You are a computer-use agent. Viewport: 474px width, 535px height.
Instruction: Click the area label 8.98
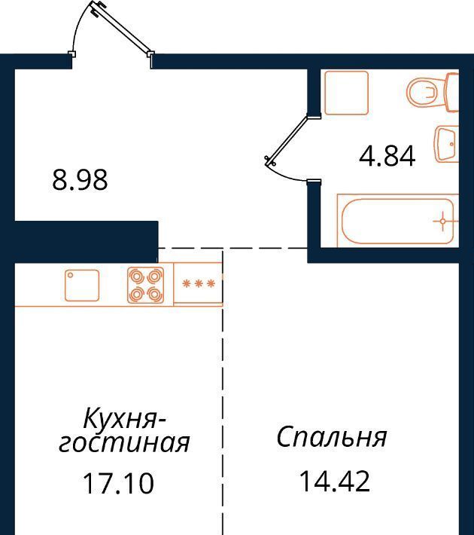pos(80,180)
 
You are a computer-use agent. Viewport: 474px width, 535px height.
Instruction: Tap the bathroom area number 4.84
pos(387,156)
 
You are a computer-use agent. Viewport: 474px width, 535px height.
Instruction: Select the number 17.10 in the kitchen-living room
pos(119,483)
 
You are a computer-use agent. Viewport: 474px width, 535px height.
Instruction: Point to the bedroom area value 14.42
pos(334,481)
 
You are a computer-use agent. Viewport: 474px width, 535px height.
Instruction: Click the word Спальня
pos(332,437)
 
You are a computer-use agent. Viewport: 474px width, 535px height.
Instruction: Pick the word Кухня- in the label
pos(125,419)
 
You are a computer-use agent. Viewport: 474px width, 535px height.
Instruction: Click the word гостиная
pos(124,443)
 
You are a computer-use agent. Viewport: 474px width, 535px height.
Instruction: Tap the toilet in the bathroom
pos(433,91)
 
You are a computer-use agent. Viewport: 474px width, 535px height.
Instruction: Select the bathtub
pos(398,220)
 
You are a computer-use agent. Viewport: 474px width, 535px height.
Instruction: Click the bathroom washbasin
pos(447,144)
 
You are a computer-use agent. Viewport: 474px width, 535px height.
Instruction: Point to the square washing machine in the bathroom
pos(346,93)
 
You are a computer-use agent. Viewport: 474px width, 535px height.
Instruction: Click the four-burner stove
pos(145,286)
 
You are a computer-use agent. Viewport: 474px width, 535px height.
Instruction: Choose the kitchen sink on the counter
pos(82,286)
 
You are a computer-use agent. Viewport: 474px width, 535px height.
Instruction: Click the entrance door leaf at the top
pos(120,28)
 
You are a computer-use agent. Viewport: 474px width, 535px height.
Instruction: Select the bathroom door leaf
pos(287,139)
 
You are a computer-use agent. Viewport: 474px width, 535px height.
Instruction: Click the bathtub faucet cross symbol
pos(442,221)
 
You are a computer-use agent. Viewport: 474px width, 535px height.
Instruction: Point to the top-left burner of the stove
pos(137,277)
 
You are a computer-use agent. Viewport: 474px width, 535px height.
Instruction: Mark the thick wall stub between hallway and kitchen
pos(87,242)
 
